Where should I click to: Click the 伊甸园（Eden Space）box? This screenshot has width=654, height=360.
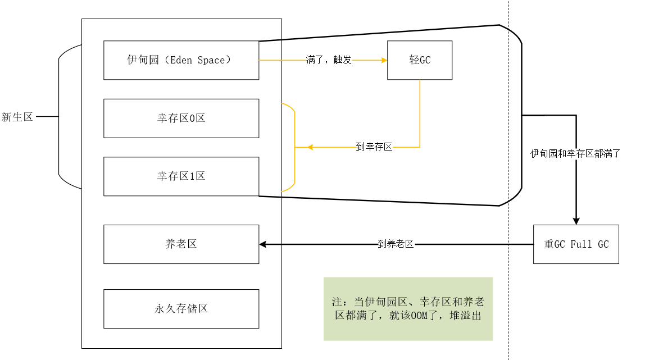[181, 60]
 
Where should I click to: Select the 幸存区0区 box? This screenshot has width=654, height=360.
[181, 119]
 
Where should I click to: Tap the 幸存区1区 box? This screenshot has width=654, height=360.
[181, 176]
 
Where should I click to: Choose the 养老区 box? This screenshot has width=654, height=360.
[181, 244]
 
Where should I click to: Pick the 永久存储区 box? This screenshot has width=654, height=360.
[181, 309]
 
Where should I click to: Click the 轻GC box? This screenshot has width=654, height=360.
[420, 60]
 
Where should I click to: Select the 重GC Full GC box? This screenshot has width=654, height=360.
[576, 244]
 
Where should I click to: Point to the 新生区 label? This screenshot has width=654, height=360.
[17, 117]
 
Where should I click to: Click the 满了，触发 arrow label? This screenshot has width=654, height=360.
[329, 60]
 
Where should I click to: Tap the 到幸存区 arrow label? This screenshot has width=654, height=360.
[374, 147]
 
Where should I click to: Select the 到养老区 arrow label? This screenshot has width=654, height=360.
[396, 244]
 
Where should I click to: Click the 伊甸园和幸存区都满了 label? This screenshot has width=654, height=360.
[575, 153]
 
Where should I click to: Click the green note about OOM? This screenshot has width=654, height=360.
[408, 309]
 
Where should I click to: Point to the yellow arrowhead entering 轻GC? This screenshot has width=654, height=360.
[384, 60]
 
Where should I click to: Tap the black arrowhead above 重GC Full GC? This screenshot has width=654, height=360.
[576, 221]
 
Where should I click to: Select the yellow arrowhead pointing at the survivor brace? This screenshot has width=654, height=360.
[310, 147]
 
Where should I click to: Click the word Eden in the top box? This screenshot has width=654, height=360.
[181, 60]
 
